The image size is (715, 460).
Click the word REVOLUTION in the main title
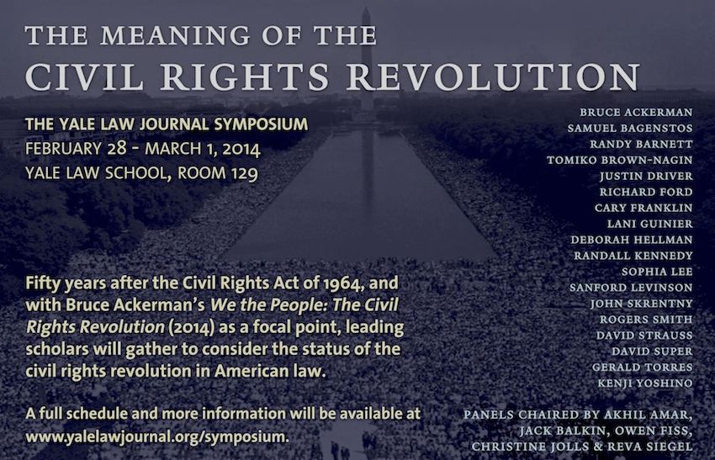pyautogui.click(x=494, y=77)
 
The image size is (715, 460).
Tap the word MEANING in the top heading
pyautogui.click(x=175, y=35)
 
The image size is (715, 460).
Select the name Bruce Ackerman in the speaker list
pyautogui.click(x=636, y=112)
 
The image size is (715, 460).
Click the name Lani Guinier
pyautogui.click(x=649, y=224)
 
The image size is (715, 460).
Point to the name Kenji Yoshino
pyautogui.click(x=645, y=383)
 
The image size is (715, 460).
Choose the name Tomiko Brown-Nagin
pyautogui.click(x=620, y=160)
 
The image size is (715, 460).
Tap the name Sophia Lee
pyautogui.click(x=657, y=272)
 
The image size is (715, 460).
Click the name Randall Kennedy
pyautogui.click(x=633, y=256)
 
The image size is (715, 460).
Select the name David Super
pyautogui.click(x=652, y=352)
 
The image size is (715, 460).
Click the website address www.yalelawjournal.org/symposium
pyautogui.click(x=157, y=436)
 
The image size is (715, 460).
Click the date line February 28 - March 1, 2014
pyautogui.click(x=143, y=149)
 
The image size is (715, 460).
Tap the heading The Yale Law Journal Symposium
pyautogui.click(x=167, y=124)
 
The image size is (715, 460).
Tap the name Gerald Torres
pyautogui.click(x=643, y=367)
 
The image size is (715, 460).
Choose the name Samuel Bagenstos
pyautogui.click(x=630, y=128)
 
